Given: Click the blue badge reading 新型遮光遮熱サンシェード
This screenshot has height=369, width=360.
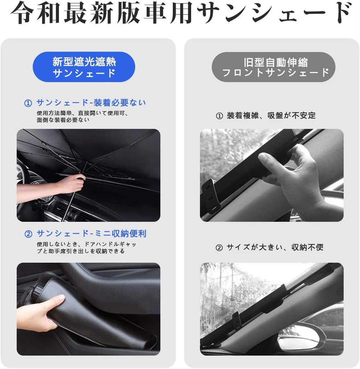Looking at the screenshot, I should (x=84, y=67).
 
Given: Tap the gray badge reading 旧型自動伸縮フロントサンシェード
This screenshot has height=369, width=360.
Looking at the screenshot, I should (x=276, y=67).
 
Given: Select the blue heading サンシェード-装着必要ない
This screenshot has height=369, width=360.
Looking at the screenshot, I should (x=91, y=103).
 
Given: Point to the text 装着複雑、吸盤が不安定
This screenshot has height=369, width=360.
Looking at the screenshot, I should (x=271, y=115).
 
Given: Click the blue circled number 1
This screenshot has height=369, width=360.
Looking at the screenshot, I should (x=28, y=103).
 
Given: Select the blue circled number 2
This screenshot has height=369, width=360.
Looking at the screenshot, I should (x=28, y=234).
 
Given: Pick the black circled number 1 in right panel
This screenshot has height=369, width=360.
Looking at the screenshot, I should (x=219, y=116).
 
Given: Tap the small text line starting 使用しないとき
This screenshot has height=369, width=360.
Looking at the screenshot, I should (x=86, y=244).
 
